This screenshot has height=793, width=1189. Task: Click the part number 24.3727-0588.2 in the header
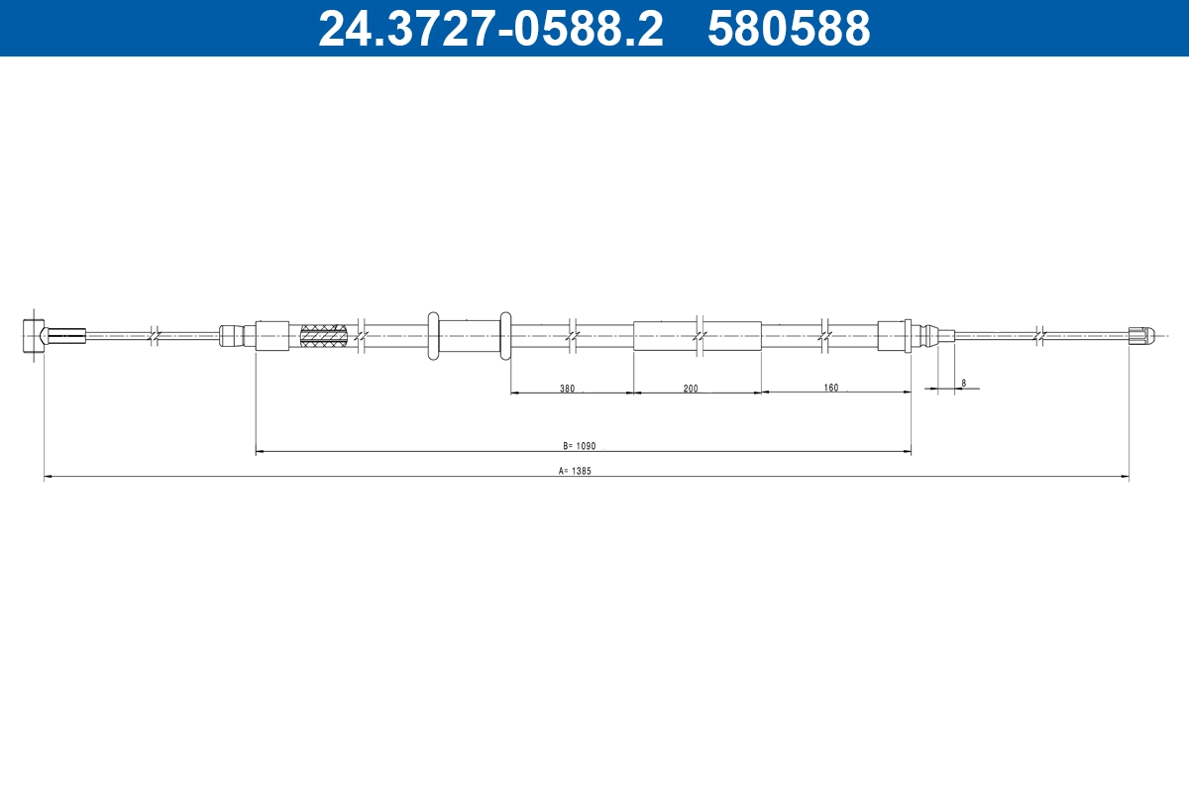[490, 29]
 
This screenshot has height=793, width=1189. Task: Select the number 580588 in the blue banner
[789, 29]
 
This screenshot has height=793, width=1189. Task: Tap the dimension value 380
[567, 388]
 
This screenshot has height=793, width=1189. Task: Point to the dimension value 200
[691, 388]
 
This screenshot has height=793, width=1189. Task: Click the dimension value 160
[830, 387]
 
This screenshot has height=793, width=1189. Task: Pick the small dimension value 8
[963, 382]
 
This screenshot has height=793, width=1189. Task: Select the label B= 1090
[581, 446]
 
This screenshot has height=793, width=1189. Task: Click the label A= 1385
[575, 472]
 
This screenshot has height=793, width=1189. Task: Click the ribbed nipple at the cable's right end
[1141, 336]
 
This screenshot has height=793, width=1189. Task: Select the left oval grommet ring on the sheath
[433, 336]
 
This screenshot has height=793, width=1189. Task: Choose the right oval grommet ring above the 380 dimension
[505, 336]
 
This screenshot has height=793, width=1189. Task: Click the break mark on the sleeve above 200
[700, 336]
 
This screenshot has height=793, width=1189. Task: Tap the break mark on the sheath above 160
[825, 336]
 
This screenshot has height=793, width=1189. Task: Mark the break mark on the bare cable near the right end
[1037, 336]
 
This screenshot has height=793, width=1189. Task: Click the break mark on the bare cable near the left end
[154, 336]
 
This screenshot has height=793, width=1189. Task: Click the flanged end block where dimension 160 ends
[894, 336]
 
